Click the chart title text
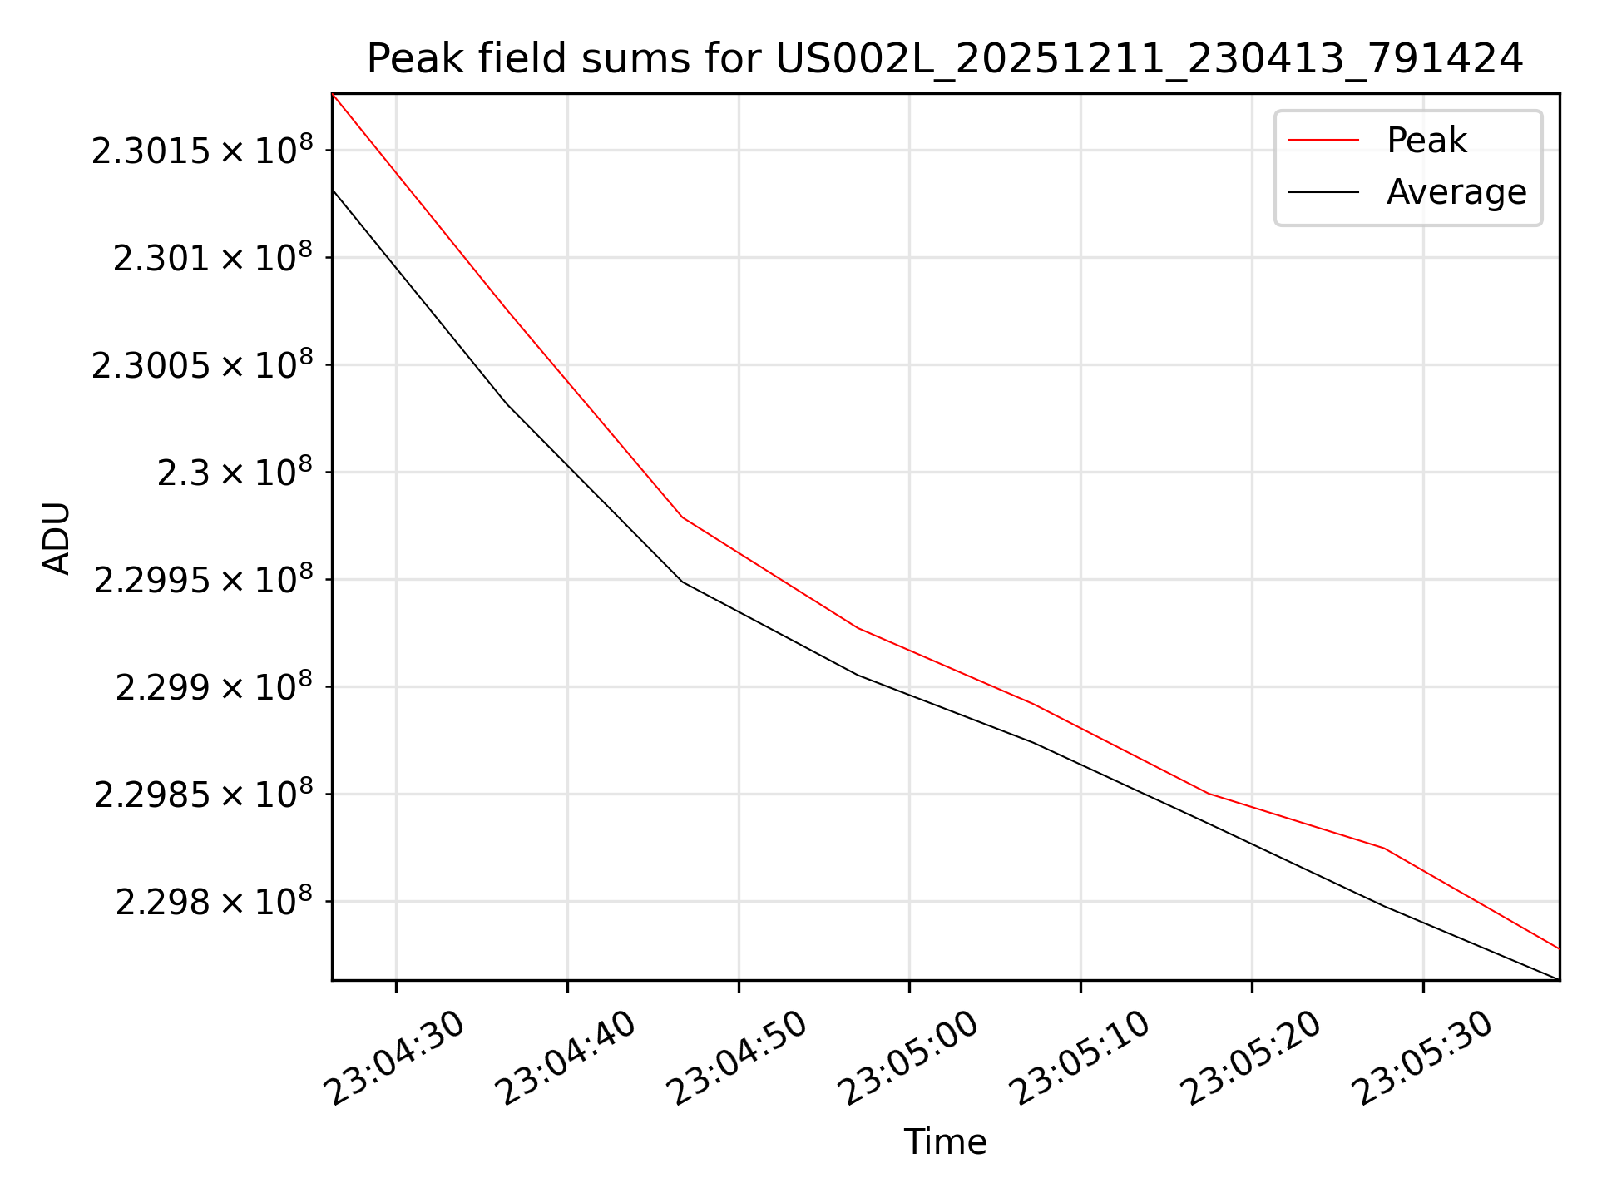point(945,59)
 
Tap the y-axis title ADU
point(57,537)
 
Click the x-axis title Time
point(945,1141)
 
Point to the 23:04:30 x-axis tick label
point(396,1058)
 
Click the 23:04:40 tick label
point(567,1058)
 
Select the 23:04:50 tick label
point(739,1058)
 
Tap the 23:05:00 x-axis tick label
point(909,1058)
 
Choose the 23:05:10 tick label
point(1080,1058)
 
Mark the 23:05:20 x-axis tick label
point(1252,1058)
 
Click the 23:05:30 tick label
point(1423,1058)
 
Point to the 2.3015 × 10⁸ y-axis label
point(202,150)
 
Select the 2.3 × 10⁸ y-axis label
point(235,472)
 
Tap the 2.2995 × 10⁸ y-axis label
point(204,579)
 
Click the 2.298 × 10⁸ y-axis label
point(215,901)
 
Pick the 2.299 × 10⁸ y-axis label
point(215,686)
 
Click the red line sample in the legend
point(1323,140)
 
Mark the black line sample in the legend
point(1323,192)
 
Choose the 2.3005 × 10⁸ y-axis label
point(202,364)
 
